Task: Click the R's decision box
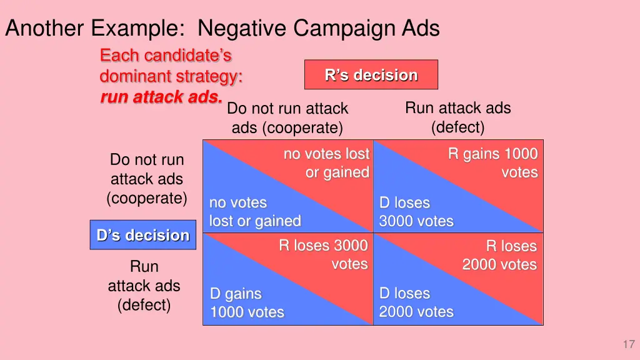pyautogui.click(x=371, y=75)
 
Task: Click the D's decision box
pyautogui.click(x=142, y=235)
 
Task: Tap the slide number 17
pyautogui.click(x=628, y=344)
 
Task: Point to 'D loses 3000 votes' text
pyautogui.click(x=416, y=212)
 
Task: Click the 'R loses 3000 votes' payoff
pyautogui.click(x=324, y=254)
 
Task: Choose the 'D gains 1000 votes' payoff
pyautogui.click(x=247, y=303)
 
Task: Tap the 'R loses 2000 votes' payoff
pyautogui.click(x=499, y=255)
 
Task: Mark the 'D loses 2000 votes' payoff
pyautogui.click(x=416, y=302)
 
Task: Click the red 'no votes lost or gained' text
pyautogui.click(x=326, y=163)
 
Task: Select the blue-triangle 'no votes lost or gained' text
pyautogui.click(x=254, y=212)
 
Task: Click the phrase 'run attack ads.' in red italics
pyautogui.click(x=161, y=97)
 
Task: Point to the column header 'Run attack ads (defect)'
pyautogui.click(x=457, y=117)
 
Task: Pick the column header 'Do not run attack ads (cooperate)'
pyautogui.click(x=287, y=118)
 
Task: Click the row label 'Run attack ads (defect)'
pyautogui.click(x=144, y=286)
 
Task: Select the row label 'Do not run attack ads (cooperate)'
pyautogui.click(x=147, y=179)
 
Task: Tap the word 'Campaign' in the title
pyautogui.click(x=335, y=28)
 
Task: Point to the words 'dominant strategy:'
pyautogui.click(x=171, y=77)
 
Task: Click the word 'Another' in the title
pyautogui.click(x=44, y=28)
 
